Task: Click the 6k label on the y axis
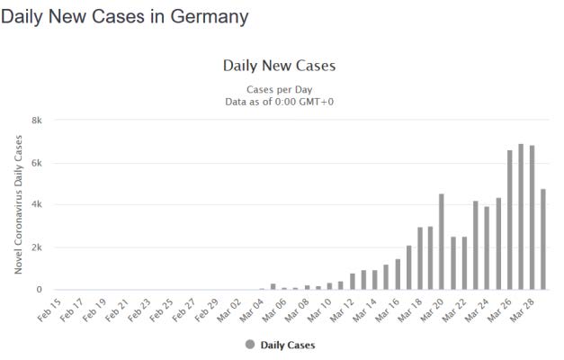[36, 163]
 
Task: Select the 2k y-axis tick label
[36, 247]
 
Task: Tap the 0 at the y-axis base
[40, 290]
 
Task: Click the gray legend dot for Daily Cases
[249, 345]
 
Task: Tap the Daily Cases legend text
[288, 345]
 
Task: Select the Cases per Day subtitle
[279, 89]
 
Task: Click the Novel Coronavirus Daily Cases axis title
[18, 205]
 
